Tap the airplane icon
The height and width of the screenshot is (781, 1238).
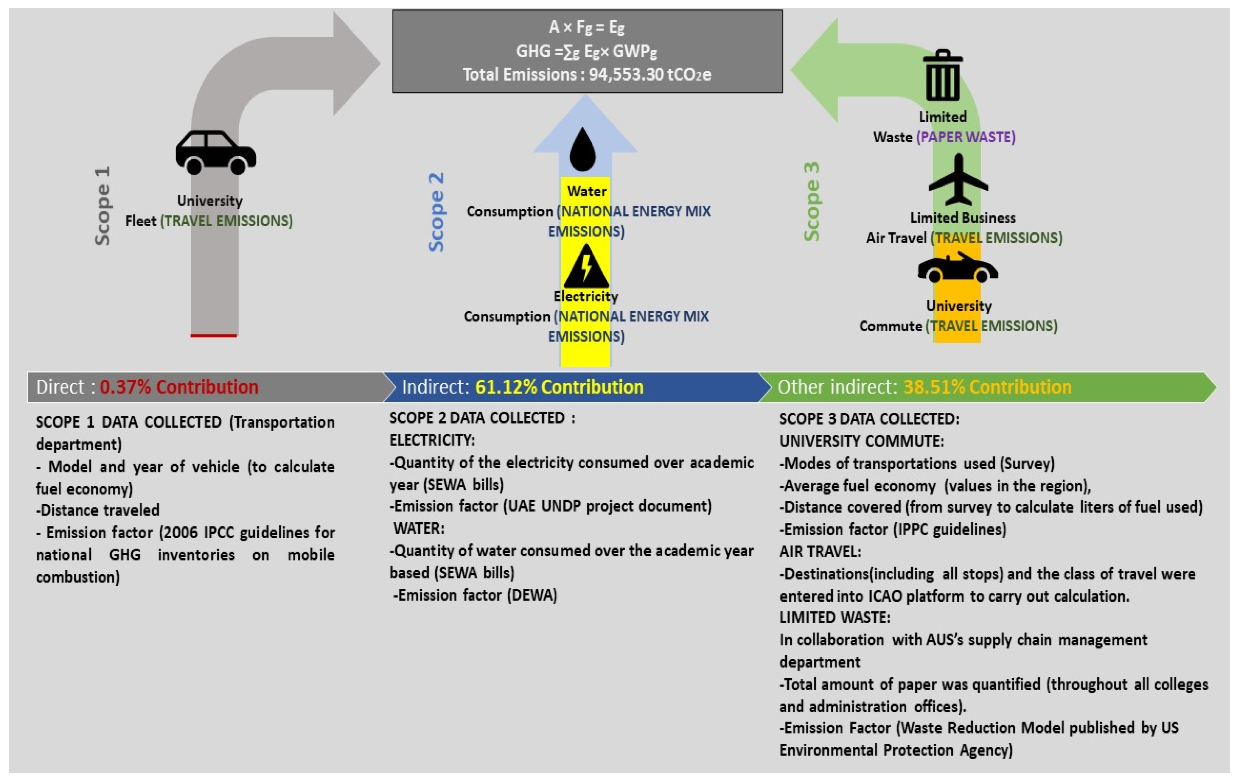click(x=958, y=180)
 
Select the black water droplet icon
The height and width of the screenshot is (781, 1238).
click(x=582, y=150)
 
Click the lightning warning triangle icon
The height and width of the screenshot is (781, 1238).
click(x=586, y=267)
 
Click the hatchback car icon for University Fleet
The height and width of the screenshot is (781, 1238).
click(x=215, y=152)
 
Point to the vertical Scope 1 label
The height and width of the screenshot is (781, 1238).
click(x=102, y=206)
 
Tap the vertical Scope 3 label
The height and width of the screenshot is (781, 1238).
click(x=811, y=202)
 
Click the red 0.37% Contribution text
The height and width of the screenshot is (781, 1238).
click(x=179, y=387)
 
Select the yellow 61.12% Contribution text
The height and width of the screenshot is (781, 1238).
click(x=559, y=387)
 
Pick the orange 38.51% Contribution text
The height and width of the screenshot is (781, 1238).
click(x=987, y=387)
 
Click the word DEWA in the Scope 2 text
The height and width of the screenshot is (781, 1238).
click(x=532, y=595)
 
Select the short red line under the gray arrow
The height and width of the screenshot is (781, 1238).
click(x=213, y=336)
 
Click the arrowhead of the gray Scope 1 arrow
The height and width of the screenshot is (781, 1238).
click(x=356, y=63)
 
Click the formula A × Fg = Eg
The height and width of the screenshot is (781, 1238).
click(x=586, y=27)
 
